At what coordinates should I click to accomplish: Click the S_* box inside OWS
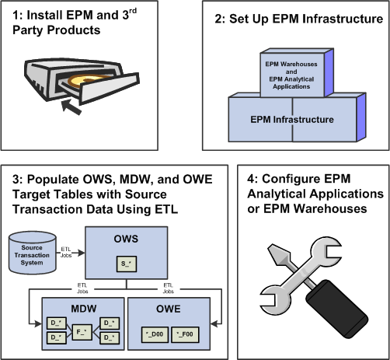point(127,264)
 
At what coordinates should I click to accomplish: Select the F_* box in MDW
point(82,332)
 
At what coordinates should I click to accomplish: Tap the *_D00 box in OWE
point(155,334)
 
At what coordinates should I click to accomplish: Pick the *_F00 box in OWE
point(185,334)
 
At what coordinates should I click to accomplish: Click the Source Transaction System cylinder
point(33,253)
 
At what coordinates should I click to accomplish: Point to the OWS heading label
point(126,239)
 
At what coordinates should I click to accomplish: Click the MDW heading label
point(84,309)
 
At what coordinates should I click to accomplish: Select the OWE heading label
point(169,309)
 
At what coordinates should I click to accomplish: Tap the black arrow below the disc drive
point(71,107)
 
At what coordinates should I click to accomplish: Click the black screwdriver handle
point(336,309)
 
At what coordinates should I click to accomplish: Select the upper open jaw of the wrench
point(328,250)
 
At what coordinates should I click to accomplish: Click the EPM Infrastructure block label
point(292,120)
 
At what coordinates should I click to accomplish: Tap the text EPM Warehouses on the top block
point(291,64)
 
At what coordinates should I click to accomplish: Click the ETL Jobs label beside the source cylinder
point(66,252)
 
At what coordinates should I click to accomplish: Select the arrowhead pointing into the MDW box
point(38,323)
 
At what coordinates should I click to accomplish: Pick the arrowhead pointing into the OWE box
point(214,323)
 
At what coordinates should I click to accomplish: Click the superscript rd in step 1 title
point(133,11)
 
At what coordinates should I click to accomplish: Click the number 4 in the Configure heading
point(250,179)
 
